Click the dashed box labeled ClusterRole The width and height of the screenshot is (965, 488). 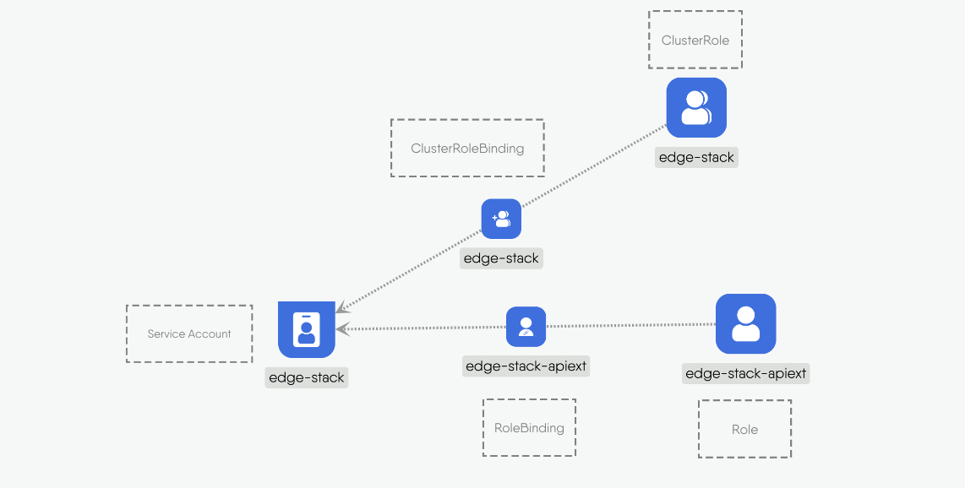(x=695, y=40)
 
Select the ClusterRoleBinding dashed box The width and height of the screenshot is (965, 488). (x=467, y=148)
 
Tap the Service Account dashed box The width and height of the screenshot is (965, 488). (x=189, y=333)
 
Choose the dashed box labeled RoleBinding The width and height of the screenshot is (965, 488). (x=529, y=428)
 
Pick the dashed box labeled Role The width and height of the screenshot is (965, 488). (x=744, y=429)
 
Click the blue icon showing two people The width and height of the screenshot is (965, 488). (x=696, y=107)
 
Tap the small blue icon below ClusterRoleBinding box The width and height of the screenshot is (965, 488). (x=501, y=219)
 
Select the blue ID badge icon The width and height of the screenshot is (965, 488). (x=307, y=328)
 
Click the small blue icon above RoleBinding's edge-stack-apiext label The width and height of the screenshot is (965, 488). (x=526, y=326)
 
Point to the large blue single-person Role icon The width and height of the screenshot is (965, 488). (x=745, y=323)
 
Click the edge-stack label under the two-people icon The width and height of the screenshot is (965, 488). (x=696, y=157)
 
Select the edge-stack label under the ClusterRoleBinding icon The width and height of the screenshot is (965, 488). (x=501, y=258)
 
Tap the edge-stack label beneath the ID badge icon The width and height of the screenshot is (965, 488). (x=306, y=377)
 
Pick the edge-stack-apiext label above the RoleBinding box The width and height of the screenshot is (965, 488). (x=526, y=366)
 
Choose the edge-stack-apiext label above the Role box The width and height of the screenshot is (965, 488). (x=745, y=373)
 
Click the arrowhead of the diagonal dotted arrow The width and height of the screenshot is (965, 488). (x=341, y=308)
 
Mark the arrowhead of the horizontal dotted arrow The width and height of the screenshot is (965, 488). (x=341, y=328)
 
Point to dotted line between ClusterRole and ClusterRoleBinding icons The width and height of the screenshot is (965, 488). (x=592, y=168)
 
